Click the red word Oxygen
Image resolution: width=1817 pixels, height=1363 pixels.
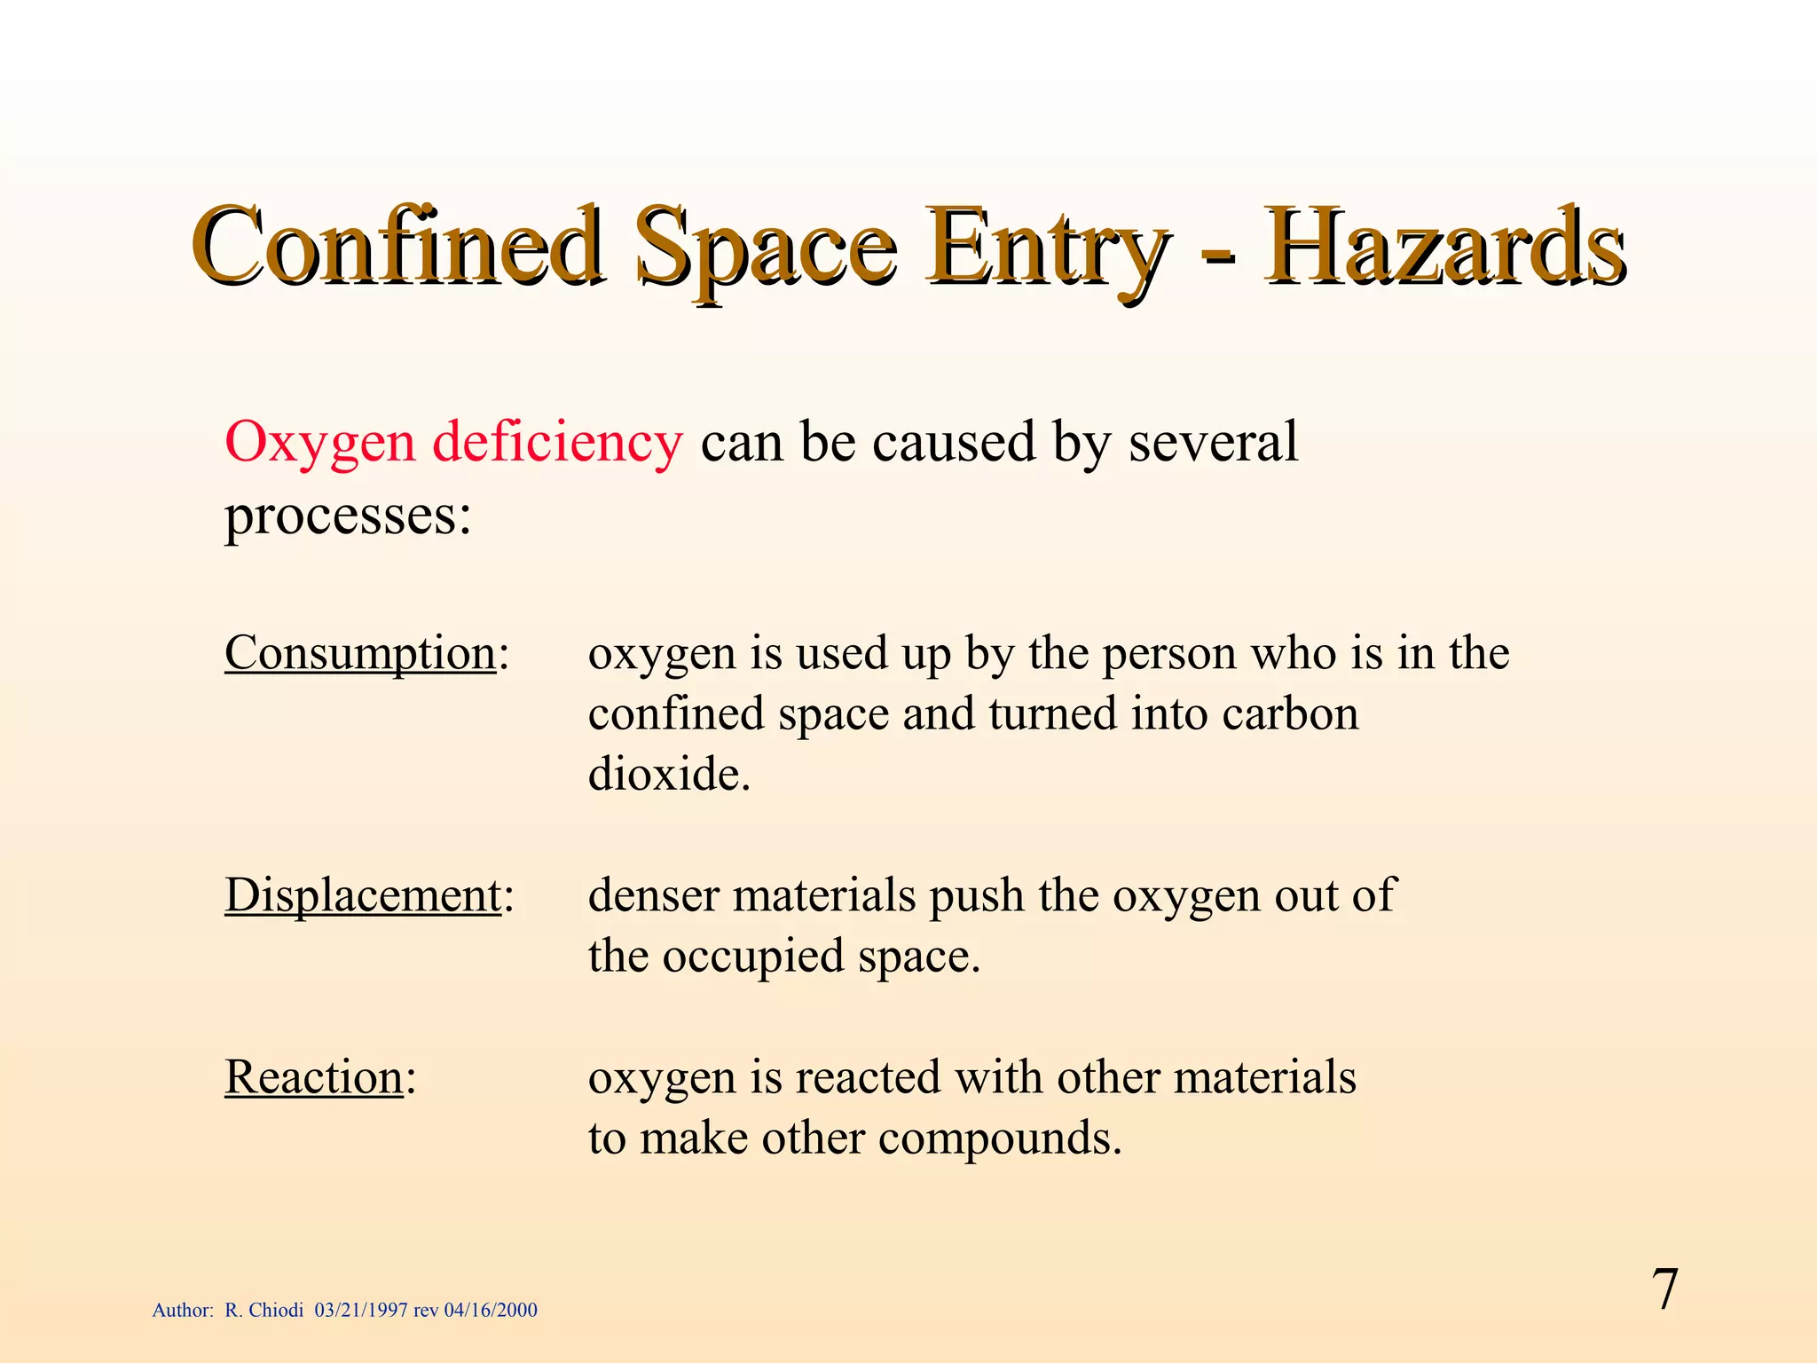[x=319, y=444]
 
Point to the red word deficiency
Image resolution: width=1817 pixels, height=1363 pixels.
[x=557, y=444]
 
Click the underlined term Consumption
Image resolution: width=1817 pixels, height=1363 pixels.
[x=359, y=655]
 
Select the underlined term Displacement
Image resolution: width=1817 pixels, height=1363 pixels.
[x=363, y=895]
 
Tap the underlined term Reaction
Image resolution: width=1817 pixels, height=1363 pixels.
[x=314, y=1078]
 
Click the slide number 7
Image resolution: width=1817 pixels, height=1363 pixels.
[x=1664, y=1290]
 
